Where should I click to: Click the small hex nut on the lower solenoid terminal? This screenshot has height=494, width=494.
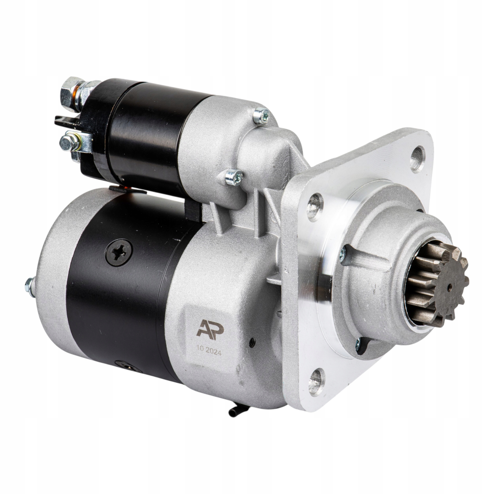tap(66, 141)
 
